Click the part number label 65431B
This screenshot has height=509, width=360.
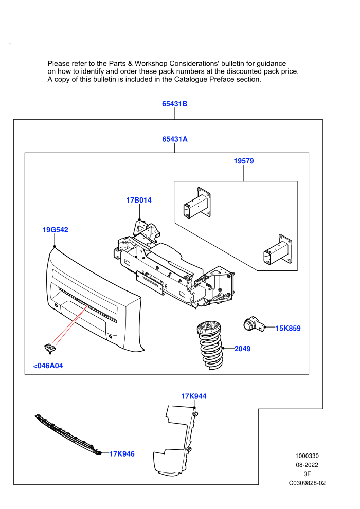[175, 104]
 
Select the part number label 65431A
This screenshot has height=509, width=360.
[175, 139]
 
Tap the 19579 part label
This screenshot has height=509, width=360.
[244, 161]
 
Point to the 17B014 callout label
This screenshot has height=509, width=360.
[139, 200]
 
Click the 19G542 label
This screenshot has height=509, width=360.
[55, 230]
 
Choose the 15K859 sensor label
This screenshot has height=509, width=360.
[288, 328]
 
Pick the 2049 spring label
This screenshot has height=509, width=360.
[243, 349]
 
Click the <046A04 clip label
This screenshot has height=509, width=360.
[48, 366]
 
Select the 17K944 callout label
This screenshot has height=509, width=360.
[194, 396]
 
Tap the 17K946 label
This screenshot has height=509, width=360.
[122, 454]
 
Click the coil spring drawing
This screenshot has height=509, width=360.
[209, 345]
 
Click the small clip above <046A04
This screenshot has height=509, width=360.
[50, 348]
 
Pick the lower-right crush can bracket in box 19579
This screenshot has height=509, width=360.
[278, 249]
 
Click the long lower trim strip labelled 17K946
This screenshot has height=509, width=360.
[68, 434]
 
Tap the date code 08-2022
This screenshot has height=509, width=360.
[307, 465]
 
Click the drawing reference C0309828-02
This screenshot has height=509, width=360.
[307, 483]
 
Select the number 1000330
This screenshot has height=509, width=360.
[307, 456]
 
